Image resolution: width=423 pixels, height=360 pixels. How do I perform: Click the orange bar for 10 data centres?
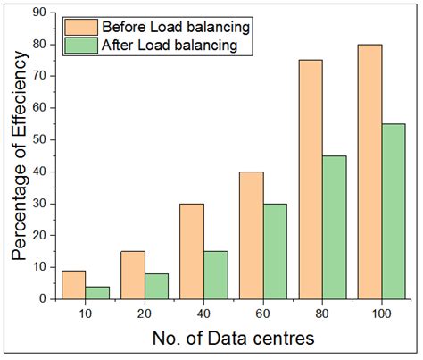click(74, 285)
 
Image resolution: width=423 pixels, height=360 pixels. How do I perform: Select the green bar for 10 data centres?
click(97, 293)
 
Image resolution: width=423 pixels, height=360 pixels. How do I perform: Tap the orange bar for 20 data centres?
click(133, 275)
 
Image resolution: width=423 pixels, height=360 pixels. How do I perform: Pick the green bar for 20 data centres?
click(156, 287)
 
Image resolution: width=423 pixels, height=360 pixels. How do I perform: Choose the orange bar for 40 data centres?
click(192, 251)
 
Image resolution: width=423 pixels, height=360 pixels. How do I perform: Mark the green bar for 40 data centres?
click(215, 275)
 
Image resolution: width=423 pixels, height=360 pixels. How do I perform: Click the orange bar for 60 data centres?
click(251, 236)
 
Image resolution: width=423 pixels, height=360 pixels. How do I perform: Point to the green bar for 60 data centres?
click(275, 252)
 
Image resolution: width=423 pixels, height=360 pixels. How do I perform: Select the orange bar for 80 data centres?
click(310, 180)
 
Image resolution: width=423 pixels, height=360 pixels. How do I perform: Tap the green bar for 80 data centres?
click(334, 228)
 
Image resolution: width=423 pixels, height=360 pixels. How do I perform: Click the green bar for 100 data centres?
click(393, 212)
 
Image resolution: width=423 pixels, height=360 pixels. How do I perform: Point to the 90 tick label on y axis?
click(40, 13)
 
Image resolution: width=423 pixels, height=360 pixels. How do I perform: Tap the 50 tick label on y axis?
click(40, 140)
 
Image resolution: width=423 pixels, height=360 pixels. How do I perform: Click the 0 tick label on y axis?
click(44, 299)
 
